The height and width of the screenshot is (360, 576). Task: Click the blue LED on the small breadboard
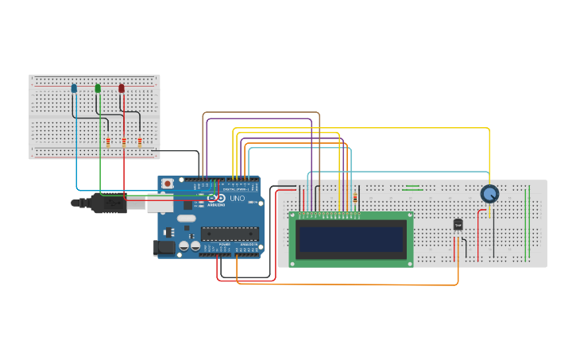[74, 88]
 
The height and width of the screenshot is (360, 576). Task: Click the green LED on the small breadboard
[98, 88]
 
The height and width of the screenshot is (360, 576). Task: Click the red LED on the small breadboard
[122, 88]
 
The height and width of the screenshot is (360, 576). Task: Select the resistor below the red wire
[140, 141]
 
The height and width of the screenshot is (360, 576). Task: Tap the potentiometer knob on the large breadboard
[489, 193]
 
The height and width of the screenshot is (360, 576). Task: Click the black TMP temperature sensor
[458, 225]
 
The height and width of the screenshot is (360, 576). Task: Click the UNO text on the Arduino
[238, 198]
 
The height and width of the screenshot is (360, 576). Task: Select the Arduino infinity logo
[216, 198]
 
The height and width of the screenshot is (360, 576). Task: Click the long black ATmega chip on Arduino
[229, 233]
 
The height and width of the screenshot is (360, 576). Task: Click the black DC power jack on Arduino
[164, 248]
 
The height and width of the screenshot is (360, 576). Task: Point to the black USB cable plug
[108, 203]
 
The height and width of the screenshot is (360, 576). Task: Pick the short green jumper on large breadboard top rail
[412, 188]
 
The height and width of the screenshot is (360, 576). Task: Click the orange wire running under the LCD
[350, 284]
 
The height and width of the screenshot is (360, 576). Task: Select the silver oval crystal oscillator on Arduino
[186, 218]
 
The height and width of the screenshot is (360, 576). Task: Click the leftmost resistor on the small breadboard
[108, 141]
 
